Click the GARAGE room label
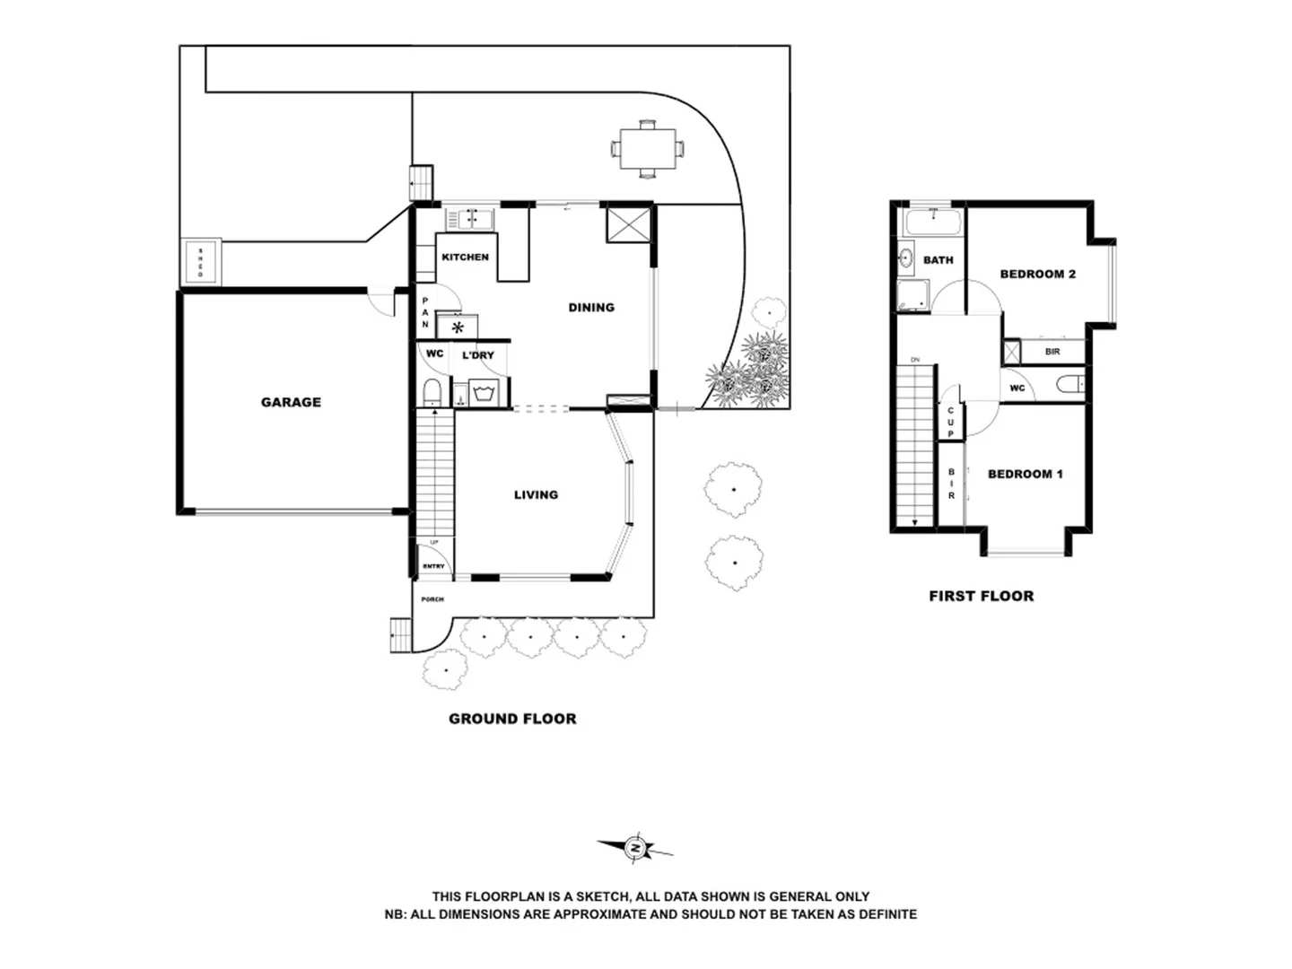click(291, 402)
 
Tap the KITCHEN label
click(465, 258)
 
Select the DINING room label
click(591, 308)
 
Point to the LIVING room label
click(536, 494)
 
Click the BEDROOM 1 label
click(1025, 474)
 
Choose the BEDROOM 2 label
click(1037, 274)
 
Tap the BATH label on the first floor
click(938, 260)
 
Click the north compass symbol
click(635, 848)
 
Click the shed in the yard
click(200, 262)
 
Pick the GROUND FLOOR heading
click(512, 719)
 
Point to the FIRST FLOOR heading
click(981, 596)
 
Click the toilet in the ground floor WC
click(432, 393)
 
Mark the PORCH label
click(432, 599)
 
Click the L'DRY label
click(477, 355)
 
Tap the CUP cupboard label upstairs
click(950, 422)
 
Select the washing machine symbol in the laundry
click(484, 393)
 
